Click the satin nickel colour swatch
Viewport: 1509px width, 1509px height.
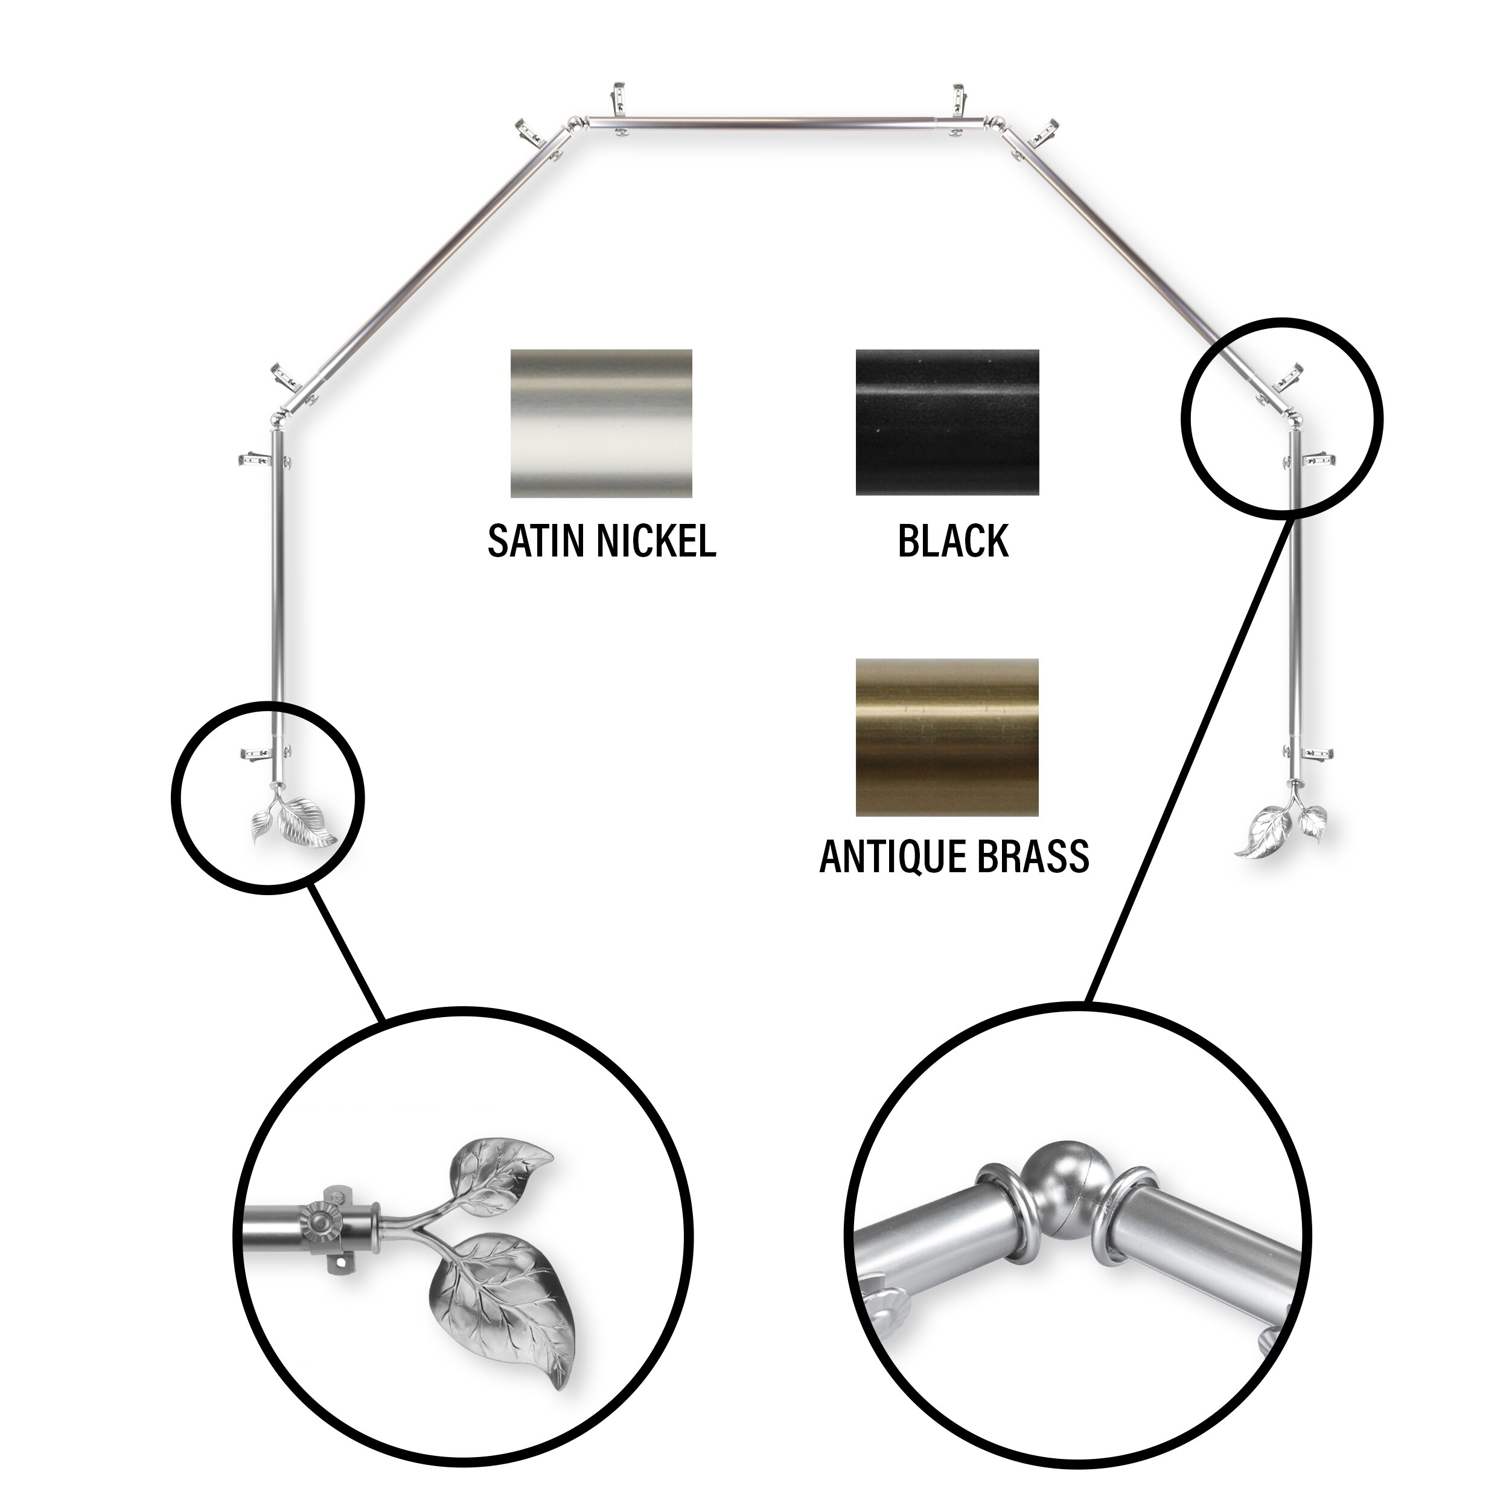click(x=601, y=423)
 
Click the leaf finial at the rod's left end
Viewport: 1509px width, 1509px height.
click(x=292, y=820)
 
